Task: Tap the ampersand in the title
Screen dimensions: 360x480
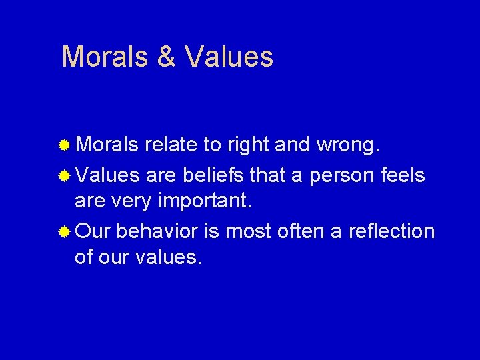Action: [x=165, y=57]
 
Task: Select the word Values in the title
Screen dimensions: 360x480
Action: [x=229, y=57]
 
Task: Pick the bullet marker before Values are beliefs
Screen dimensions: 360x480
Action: [x=65, y=176]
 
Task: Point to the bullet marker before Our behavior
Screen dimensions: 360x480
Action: [x=65, y=232]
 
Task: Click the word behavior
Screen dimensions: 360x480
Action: [x=157, y=231]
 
